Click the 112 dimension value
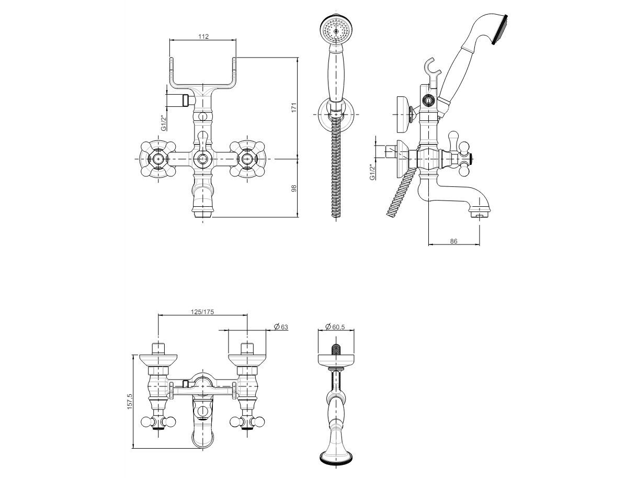pos(203,36)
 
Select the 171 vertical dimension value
pos(294,107)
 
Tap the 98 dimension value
pos(294,188)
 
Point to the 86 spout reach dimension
pos(453,241)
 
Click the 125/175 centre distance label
pos(202,312)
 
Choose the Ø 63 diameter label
pos(281,327)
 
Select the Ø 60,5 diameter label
pos(335,327)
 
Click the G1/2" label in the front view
pos(164,123)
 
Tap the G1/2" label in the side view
pos(372,172)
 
